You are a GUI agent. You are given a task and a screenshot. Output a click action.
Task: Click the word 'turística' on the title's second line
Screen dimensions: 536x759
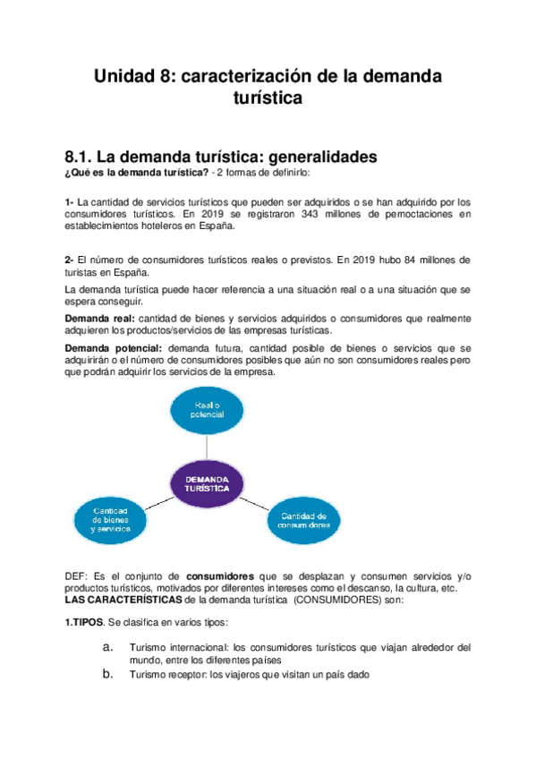tap(268, 98)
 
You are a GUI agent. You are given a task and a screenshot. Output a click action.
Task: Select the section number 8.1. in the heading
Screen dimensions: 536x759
tap(82, 157)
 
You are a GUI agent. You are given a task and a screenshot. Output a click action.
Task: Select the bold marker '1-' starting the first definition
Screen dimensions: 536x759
tap(70, 202)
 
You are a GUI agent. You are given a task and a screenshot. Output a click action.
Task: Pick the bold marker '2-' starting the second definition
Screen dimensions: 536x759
tap(70, 260)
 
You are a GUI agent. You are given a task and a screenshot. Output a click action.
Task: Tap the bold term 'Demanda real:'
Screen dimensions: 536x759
tap(99, 319)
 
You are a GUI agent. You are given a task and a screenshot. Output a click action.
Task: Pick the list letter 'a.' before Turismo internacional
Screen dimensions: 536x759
tap(107, 646)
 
